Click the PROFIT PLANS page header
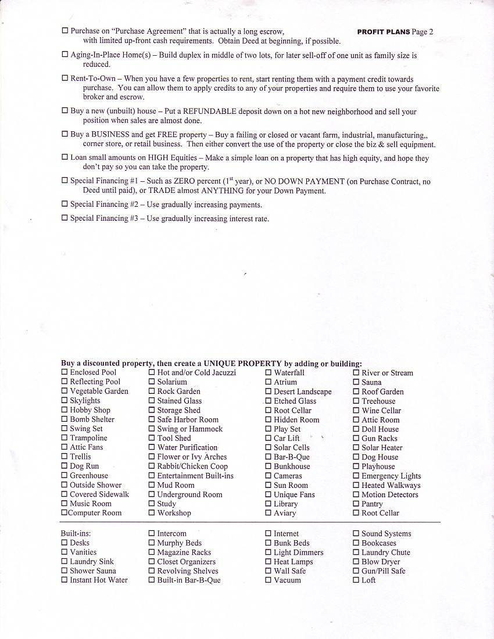click(x=395, y=32)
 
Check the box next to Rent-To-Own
click(x=65, y=78)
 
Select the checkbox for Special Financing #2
click(x=65, y=204)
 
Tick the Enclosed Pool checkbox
click(x=65, y=372)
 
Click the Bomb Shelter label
click(x=92, y=419)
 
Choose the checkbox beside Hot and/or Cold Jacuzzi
click(x=152, y=372)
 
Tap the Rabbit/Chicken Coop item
click(x=192, y=466)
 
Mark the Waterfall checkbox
click(x=269, y=373)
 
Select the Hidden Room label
click(x=296, y=420)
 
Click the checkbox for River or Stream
click(x=356, y=373)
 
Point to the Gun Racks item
click(x=380, y=439)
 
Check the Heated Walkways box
click(x=356, y=486)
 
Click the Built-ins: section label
click(x=76, y=533)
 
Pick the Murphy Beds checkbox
click(x=152, y=543)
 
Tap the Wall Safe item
click(x=289, y=571)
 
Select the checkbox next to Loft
click(x=356, y=580)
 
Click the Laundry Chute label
click(x=385, y=552)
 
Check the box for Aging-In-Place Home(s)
click(x=65, y=55)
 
